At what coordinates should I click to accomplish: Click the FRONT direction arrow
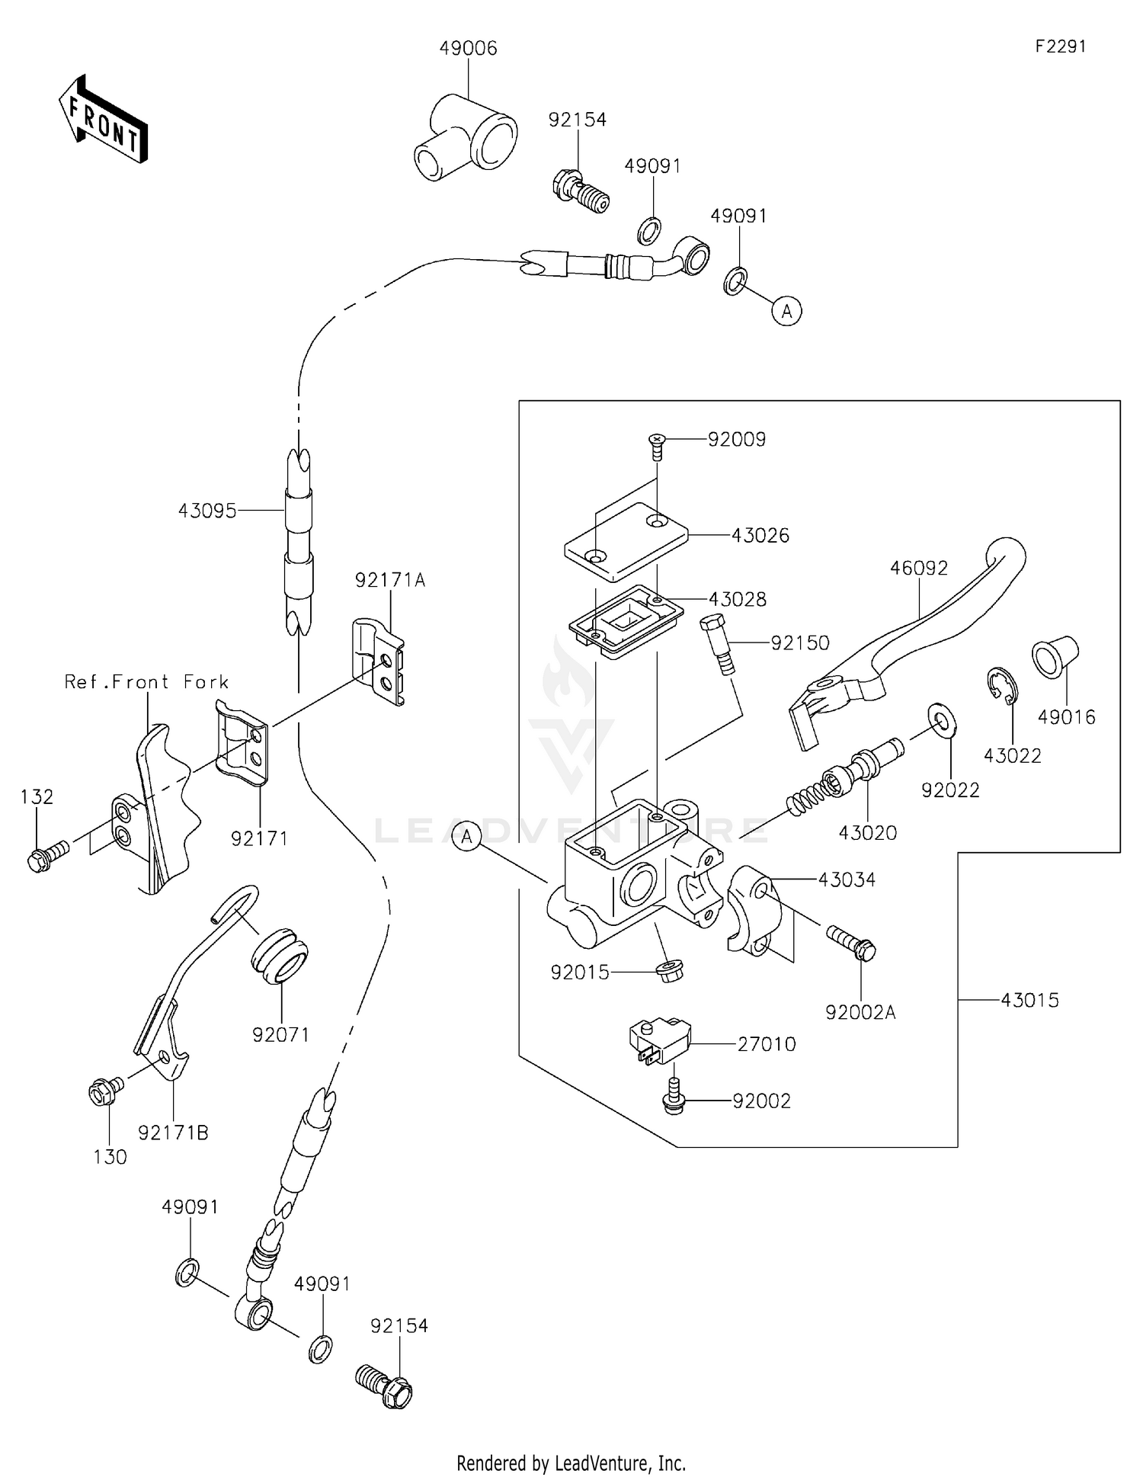(103, 120)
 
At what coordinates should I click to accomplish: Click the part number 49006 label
(468, 49)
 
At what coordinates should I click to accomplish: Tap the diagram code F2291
(1060, 46)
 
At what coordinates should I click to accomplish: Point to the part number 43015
(1029, 1000)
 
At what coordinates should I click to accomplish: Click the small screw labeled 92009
(657, 444)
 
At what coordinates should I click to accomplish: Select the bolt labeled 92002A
(851, 941)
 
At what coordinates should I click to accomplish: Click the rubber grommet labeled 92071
(280, 955)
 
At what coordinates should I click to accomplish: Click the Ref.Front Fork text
(146, 681)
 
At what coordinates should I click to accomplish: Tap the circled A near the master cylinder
(466, 837)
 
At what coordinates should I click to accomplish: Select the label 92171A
(389, 580)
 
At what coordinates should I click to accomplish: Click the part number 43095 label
(207, 511)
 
